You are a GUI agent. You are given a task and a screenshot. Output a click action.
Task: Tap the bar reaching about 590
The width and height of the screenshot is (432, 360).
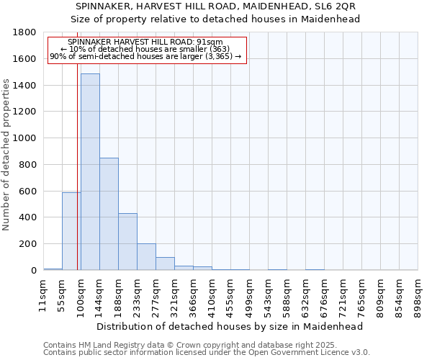[71, 231]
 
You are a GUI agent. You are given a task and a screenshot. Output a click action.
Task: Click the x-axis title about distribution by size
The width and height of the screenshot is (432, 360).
[230, 326]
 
